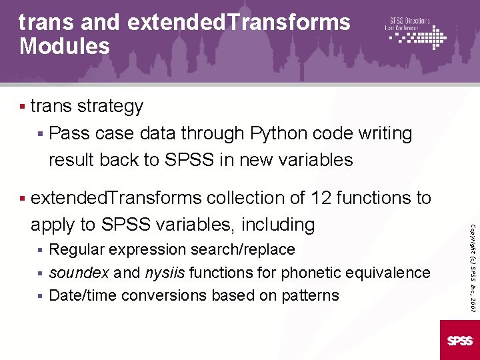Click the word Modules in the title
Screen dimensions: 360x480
(65, 47)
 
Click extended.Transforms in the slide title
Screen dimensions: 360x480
(238, 22)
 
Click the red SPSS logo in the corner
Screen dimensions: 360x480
(459, 340)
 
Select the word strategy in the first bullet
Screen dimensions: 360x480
(110, 107)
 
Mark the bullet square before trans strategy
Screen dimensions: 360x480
(23, 107)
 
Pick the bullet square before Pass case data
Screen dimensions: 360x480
(41, 133)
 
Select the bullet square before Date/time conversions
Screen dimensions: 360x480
(41, 295)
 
